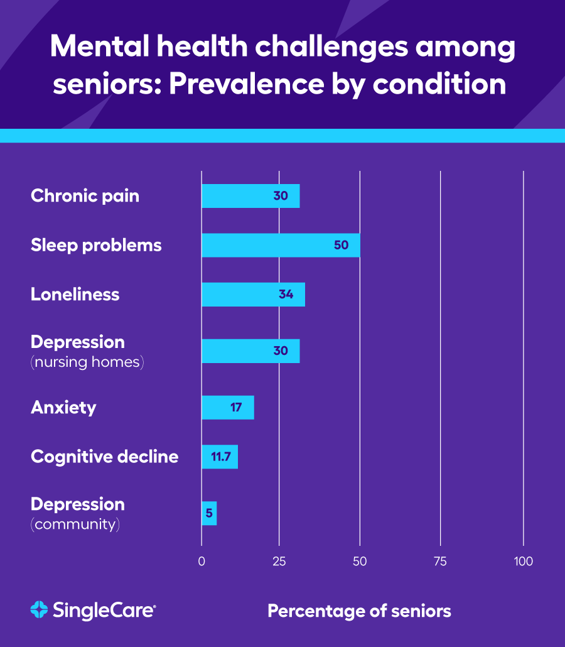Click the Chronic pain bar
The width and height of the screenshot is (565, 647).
(x=250, y=196)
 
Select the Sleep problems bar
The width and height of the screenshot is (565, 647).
(x=281, y=245)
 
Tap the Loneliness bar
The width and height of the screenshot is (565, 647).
(x=253, y=294)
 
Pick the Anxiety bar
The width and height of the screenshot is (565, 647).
(x=227, y=407)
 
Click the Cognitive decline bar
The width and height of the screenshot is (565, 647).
(x=220, y=457)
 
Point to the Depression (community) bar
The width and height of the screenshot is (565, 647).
(x=209, y=513)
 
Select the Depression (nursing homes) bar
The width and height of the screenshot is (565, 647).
(x=250, y=351)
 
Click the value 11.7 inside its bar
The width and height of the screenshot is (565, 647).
(x=220, y=457)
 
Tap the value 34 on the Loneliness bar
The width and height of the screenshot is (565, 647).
(x=286, y=294)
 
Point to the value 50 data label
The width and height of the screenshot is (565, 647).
(x=341, y=245)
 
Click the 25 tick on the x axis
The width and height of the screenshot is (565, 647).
(x=279, y=562)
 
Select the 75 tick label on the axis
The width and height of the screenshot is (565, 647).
(x=440, y=562)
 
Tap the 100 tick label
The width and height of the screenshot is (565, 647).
(x=523, y=562)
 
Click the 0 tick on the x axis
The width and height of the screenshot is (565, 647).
(x=202, y=562)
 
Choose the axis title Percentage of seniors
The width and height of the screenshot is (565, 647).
(x=359, y=611)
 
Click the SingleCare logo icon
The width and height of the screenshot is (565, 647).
(x=39, y=609)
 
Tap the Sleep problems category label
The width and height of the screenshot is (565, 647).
(x=96, y=245)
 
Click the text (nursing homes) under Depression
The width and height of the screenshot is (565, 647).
(x=87, y=362)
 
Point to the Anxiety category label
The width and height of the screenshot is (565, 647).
(x=63, y=407)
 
